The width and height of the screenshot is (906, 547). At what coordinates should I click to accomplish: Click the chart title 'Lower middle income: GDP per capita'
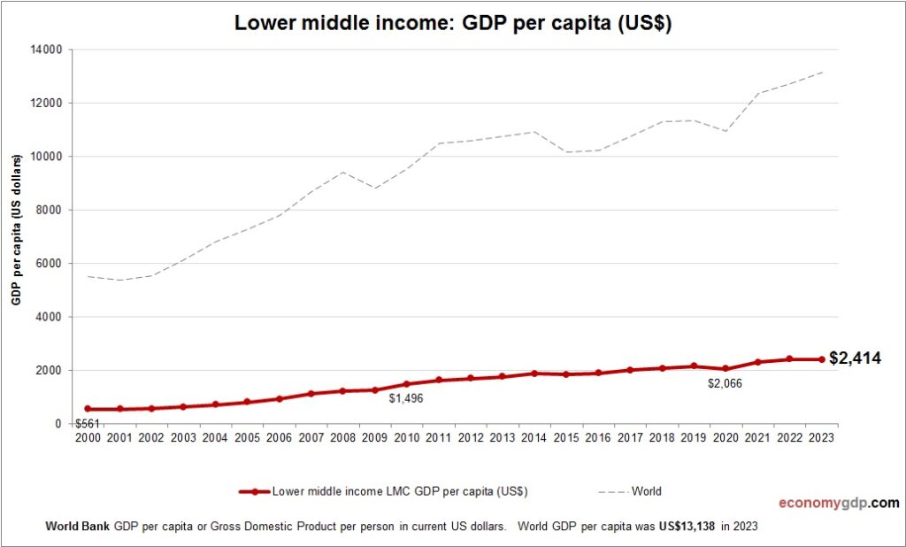click(452, 24)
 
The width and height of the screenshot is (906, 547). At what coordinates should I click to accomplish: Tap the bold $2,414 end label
click(855, 358)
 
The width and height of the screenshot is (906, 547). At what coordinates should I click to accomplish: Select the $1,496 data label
click(407, 398)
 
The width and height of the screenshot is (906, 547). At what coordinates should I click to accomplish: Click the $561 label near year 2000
click(86, 422)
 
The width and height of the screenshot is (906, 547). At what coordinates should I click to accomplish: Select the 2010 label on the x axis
click(407, 437)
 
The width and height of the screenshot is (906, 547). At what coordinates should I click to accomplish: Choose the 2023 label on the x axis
click(821, 437)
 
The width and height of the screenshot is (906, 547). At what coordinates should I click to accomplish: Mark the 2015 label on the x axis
click(566, 437)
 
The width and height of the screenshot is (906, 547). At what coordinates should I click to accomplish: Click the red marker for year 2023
click(821, 359)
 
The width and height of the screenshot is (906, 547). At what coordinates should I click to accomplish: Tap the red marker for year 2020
click(726, 368)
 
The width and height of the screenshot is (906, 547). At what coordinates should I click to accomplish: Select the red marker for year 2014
click(534, 374)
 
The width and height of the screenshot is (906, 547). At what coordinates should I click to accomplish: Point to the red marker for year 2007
click(311, 394)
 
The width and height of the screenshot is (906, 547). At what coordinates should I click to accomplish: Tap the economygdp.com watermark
click(838, 503)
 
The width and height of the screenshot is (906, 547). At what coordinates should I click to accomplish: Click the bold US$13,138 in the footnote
click(687, 526)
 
